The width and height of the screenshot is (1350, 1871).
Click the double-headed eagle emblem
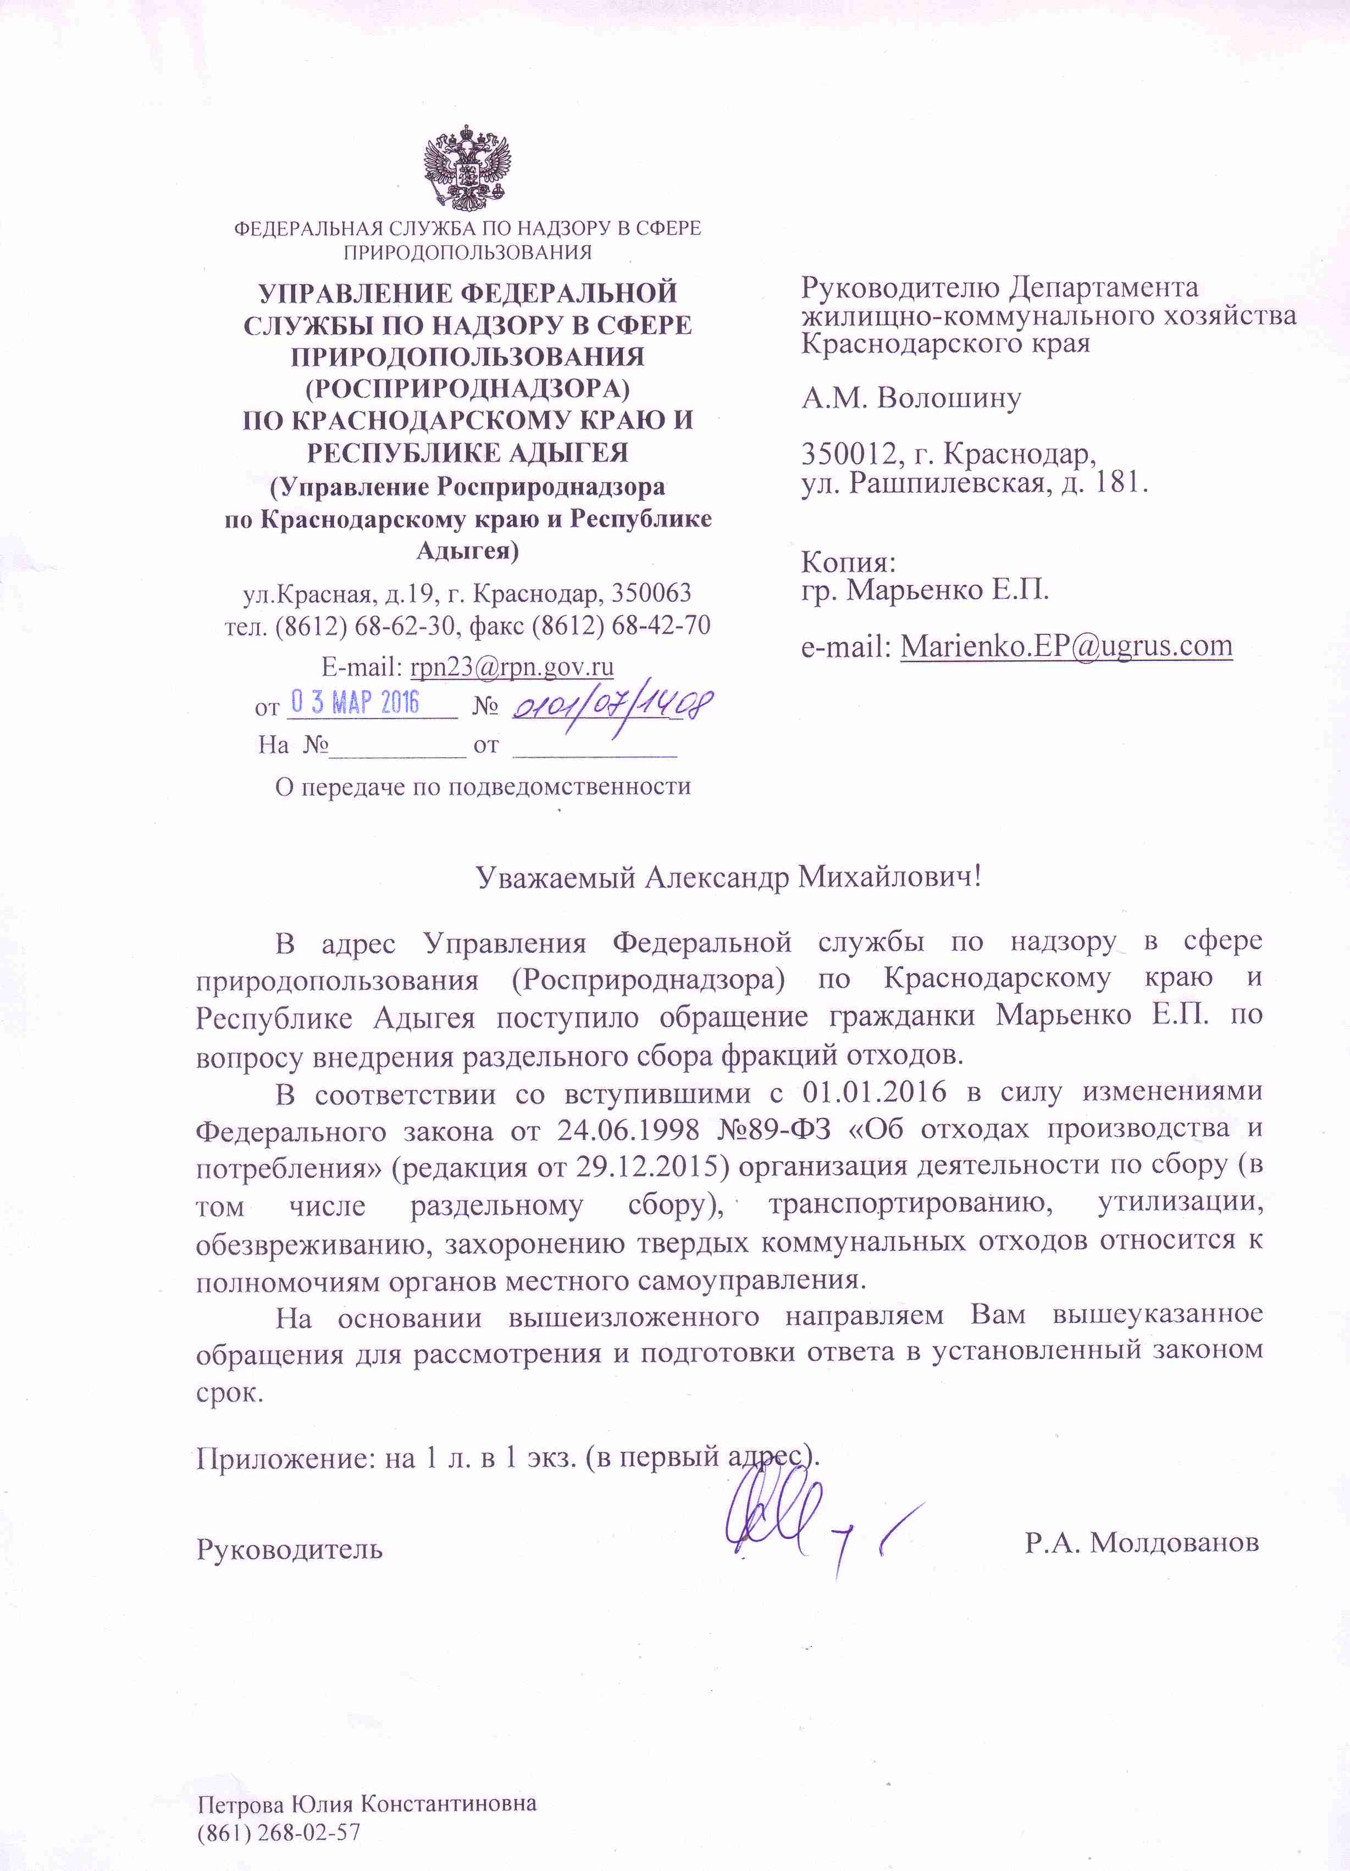[x=467, y=168]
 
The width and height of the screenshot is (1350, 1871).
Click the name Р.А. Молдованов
[x=1141, y=1541]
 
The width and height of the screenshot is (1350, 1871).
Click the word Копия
[x=848, y=562]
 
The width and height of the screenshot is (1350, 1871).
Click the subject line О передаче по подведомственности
[x=483, y=786]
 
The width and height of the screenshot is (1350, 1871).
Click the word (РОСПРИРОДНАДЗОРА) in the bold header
[x=467, y=388]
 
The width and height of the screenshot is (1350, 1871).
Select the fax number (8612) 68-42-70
[x=621, y=625]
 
